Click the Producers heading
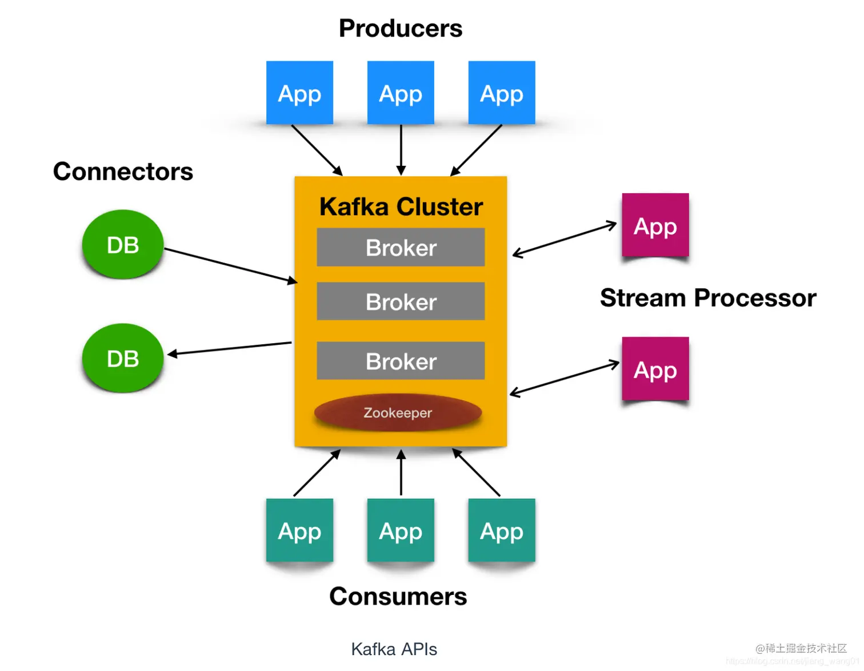coord(400,29)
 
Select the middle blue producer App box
coord(401,93)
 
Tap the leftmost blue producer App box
coord(299,93)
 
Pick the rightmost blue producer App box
coord(502,93)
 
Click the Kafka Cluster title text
coord(401,207)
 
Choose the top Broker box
coord(401,247)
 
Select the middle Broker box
coord(401,301)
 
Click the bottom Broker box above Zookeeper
coord(401,360)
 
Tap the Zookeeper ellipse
coord(398,412)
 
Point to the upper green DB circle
coord(123,245)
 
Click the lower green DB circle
coord(123,359)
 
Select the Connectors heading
coord(123,172)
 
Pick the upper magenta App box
coord(655,225)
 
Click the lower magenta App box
coord(655,369)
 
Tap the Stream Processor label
coord(708,298)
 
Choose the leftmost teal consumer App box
coord(299,530)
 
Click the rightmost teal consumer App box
coord(502,530)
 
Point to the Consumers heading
coord(398,596)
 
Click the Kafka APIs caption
coord(394,649)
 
